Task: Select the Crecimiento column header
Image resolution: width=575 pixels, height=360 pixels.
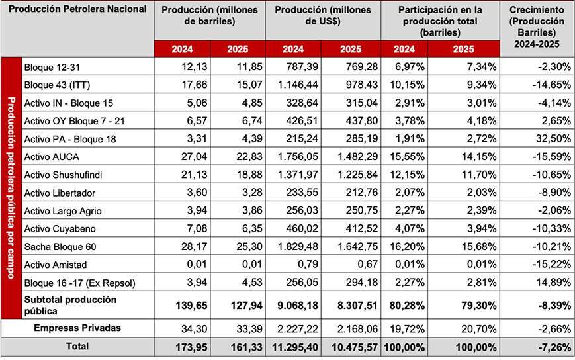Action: tap(537, 27)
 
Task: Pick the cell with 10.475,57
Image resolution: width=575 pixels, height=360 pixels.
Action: tap(355, 346)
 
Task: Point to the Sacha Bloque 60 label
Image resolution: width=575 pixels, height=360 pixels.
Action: tap(58, 247)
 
